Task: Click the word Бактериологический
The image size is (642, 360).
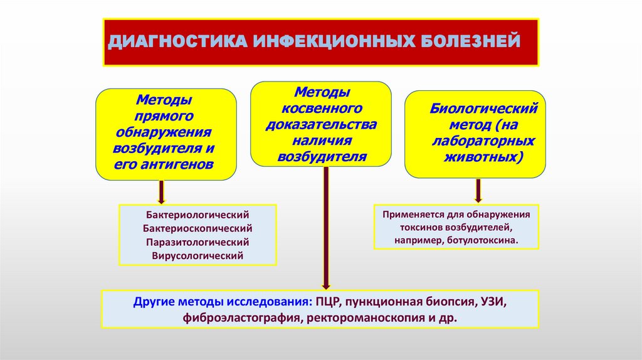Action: (197, 215)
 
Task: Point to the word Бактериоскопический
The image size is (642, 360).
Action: (197, 228)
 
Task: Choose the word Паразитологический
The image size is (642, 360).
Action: (197, 242)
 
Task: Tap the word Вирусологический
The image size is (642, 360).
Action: (197, 256)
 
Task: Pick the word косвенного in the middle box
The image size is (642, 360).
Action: (322, 108)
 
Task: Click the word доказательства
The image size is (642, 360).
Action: (322, 124)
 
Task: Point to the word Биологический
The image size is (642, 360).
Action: (484, 108)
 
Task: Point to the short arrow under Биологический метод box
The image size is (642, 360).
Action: (478, 189)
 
